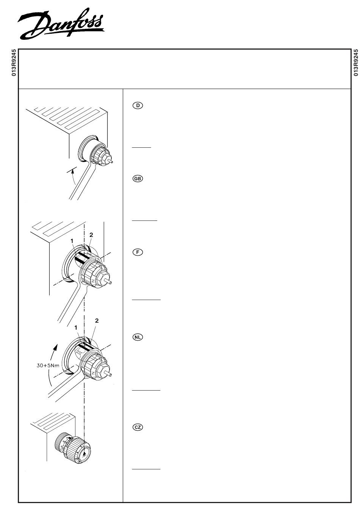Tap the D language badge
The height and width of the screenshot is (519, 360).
point(138,105)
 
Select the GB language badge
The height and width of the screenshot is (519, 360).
point(138,178)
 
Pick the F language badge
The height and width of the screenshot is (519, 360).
point(138,252)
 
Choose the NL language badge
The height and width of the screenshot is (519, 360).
point(138,337)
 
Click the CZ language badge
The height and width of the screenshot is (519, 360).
point(138,427)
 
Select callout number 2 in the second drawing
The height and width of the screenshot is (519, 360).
point(91,235)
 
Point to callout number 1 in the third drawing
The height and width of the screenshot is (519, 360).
point(76,327)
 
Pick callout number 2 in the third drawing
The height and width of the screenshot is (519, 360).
point(97,320)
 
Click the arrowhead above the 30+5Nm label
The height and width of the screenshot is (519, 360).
point(56,346)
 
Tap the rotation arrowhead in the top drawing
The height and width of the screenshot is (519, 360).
point(72,171)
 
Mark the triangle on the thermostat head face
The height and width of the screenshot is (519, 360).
point(85,453)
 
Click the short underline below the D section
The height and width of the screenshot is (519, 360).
point(141,147)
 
